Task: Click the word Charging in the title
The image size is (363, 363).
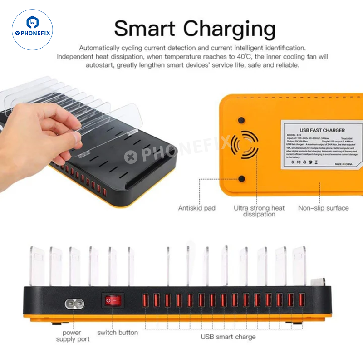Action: [x=231, y=29]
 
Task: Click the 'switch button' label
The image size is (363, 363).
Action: [x=118, y=333]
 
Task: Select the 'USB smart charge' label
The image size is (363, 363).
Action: [x=228, y=337]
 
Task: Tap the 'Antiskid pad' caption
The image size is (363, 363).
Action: [x=197, y=208]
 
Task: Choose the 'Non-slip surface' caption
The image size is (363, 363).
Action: [x=323, y=208]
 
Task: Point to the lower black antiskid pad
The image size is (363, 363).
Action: [x=241, y=179]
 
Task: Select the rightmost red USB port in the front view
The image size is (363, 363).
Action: [x=302, y=300]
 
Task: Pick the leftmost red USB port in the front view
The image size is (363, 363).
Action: [x=146, y=300]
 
